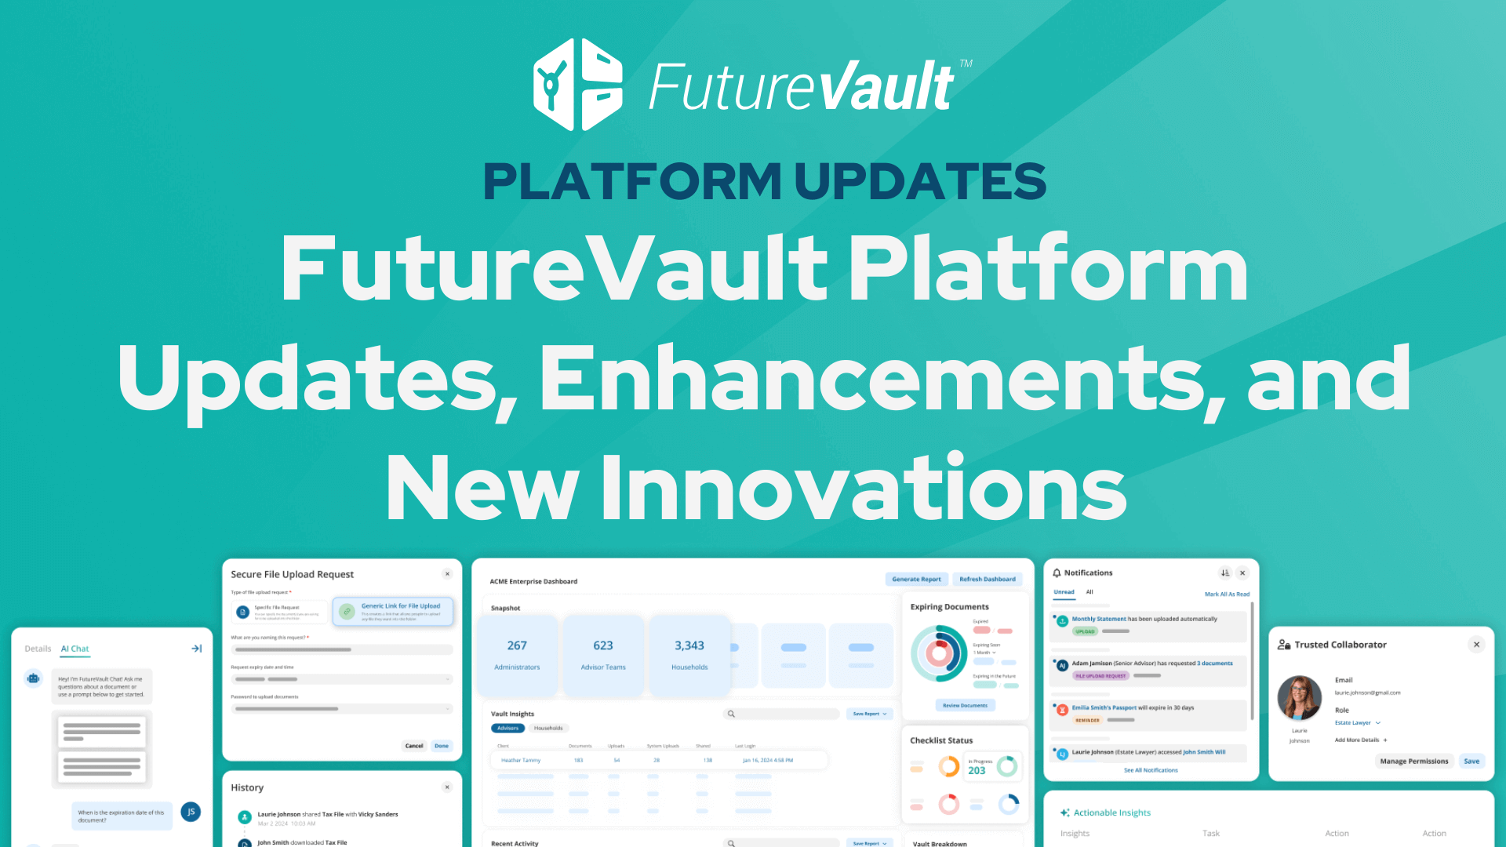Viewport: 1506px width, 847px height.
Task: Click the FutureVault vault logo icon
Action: (578, 85)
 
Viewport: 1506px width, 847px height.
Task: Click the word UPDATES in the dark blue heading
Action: (920, 181)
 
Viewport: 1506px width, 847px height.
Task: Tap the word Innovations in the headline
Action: (864, 488)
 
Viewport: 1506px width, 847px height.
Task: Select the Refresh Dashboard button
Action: (987, 580)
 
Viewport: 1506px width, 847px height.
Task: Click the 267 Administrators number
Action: (517, 645)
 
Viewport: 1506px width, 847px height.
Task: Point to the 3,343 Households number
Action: (689, 645)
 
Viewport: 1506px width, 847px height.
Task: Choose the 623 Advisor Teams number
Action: (603, 645)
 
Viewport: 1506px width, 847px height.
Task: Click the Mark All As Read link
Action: (1227, 594)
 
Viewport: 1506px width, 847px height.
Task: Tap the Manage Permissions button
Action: (1414, 762)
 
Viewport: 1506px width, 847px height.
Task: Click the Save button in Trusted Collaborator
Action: (1471, 762)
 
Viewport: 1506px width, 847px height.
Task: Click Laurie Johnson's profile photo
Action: (1300, 697)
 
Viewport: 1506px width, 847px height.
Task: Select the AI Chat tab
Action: (75, 649)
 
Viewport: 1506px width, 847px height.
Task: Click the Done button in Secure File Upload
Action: (442, 746)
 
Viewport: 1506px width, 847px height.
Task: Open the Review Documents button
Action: (965, 706)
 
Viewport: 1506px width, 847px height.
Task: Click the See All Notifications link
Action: (1151, 770)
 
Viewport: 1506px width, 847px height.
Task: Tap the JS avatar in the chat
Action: (191, 812)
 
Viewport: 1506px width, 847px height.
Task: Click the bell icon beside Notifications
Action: (1057, 573)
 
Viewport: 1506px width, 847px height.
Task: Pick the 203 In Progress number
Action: (977, 771)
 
